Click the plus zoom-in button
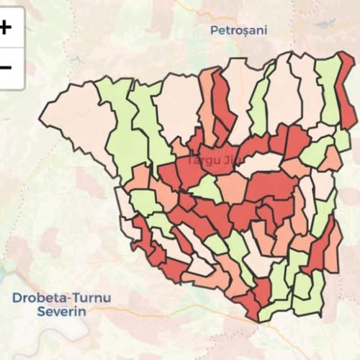pyautogui.click(x=6, y=27)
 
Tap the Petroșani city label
pyautogui.click(x=238, y=30)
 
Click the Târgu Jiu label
pyautogui.click(x=208, y=163)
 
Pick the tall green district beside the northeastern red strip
pyautogui.click(x=329, y=90)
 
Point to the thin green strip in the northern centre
pyautogui.click(x=259, y=104)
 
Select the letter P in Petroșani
pyautogui.click(x=214, y=30)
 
